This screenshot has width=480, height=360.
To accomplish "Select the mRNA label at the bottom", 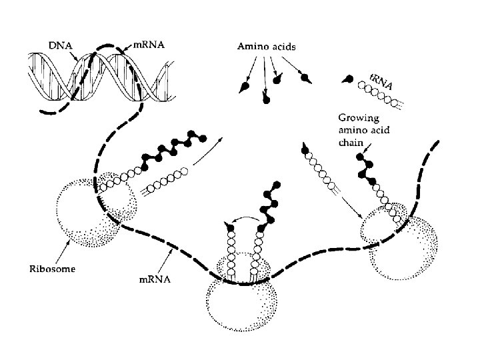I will (155, 280).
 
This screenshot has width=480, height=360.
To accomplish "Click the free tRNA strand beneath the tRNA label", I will (379, 93).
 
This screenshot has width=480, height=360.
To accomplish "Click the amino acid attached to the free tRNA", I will (347, 80).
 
